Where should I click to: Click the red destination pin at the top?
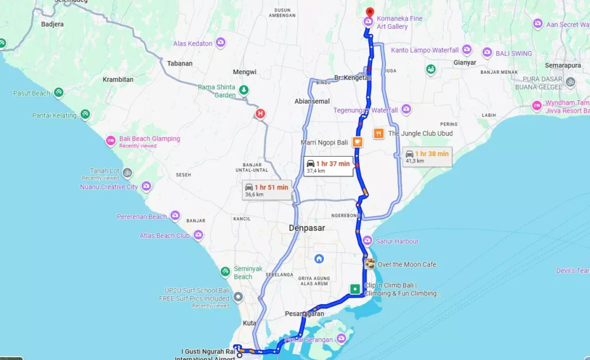tap(370, 12)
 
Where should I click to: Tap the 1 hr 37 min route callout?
tap(327, 166)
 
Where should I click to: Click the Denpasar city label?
tap(307, 228)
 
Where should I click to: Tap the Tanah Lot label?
tap(104, 171)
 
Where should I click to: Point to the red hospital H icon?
tap(260, 113)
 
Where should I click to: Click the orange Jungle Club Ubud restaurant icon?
tap(379, 133)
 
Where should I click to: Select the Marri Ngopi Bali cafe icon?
tap(357, 142)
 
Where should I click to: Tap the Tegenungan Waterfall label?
tap(365, 110)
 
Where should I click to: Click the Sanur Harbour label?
tap(398, 241)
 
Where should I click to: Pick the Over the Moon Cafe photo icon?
tap(369, 264)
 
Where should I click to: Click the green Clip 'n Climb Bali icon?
tap(355, 288)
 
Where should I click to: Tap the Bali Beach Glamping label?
tap(149, 139)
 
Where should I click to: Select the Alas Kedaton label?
tap(192, 43)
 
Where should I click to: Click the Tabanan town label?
tap(180, 63)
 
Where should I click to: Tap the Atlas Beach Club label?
tap(164, 236)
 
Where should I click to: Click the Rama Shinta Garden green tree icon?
tap(244, 90)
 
